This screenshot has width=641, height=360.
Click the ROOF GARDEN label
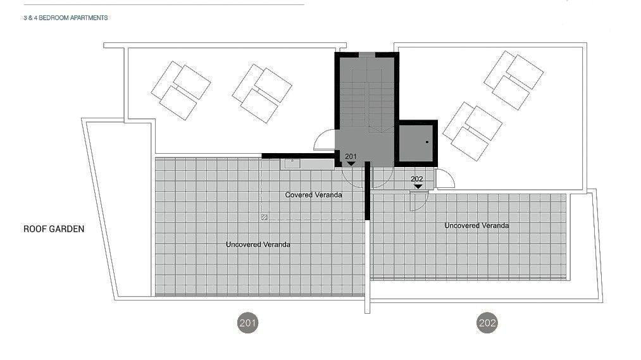(x=54, y=229)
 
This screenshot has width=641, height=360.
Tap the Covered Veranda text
(x=314, y=195)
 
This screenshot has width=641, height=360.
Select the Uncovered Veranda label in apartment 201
(x=258, y=244)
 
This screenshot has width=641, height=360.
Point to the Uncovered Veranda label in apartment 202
(x=476, y=225)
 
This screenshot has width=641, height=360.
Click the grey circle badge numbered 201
(x=248, y=323)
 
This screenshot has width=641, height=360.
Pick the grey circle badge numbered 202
(x=487, y=323)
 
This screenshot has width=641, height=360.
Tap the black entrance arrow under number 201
(x=351, y=164)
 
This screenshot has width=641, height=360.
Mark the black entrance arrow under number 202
(x=418, y=187)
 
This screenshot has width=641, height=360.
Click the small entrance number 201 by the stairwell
(x=351, y=156)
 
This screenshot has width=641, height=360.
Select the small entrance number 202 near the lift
(x=417, y=179)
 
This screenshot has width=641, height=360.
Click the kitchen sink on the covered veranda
(x=292, y=163)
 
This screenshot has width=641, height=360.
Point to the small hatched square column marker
(x=264, y=217)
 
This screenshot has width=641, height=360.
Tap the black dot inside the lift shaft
(x=427, y=142)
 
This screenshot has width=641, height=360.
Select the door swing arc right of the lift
(x=445, y=179)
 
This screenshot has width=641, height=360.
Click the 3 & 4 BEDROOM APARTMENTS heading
(x=65, y=18)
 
